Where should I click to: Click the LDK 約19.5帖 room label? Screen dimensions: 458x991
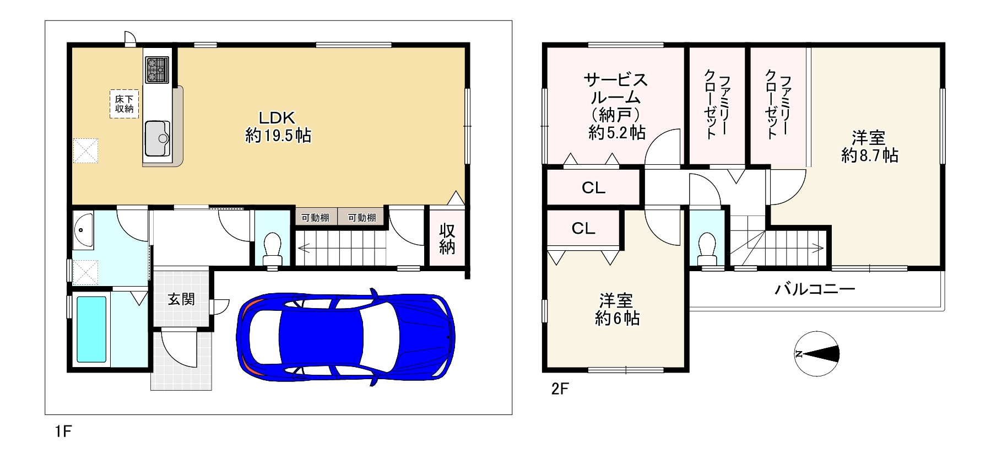(x=278, y=127)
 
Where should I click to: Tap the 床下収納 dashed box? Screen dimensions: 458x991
(x=124, y=104)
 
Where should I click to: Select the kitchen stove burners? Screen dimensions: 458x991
(x=158, y=70)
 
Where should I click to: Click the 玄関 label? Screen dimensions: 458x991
(x=181, y=299)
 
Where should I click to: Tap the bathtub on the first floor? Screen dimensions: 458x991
(x=91, y=330)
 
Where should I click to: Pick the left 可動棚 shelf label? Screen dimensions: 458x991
(x=315, y=218)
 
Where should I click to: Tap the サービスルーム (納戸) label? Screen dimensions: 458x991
(x=616, y=106)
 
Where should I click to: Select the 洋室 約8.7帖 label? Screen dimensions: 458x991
(x=869, y=147)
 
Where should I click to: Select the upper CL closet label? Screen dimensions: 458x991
(x=593, y=188)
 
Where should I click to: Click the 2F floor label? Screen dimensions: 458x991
(x=559, y=389)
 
